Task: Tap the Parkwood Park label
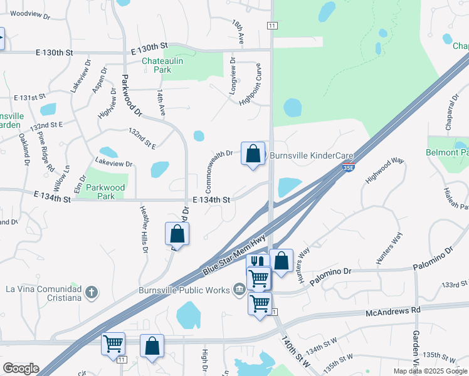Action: (107, 192)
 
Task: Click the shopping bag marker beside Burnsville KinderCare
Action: (253, 154)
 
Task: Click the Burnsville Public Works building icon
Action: (239, 289)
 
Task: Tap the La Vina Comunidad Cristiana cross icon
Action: (92, 291)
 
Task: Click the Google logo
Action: (20, 368)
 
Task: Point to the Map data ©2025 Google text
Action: (429, 371)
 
